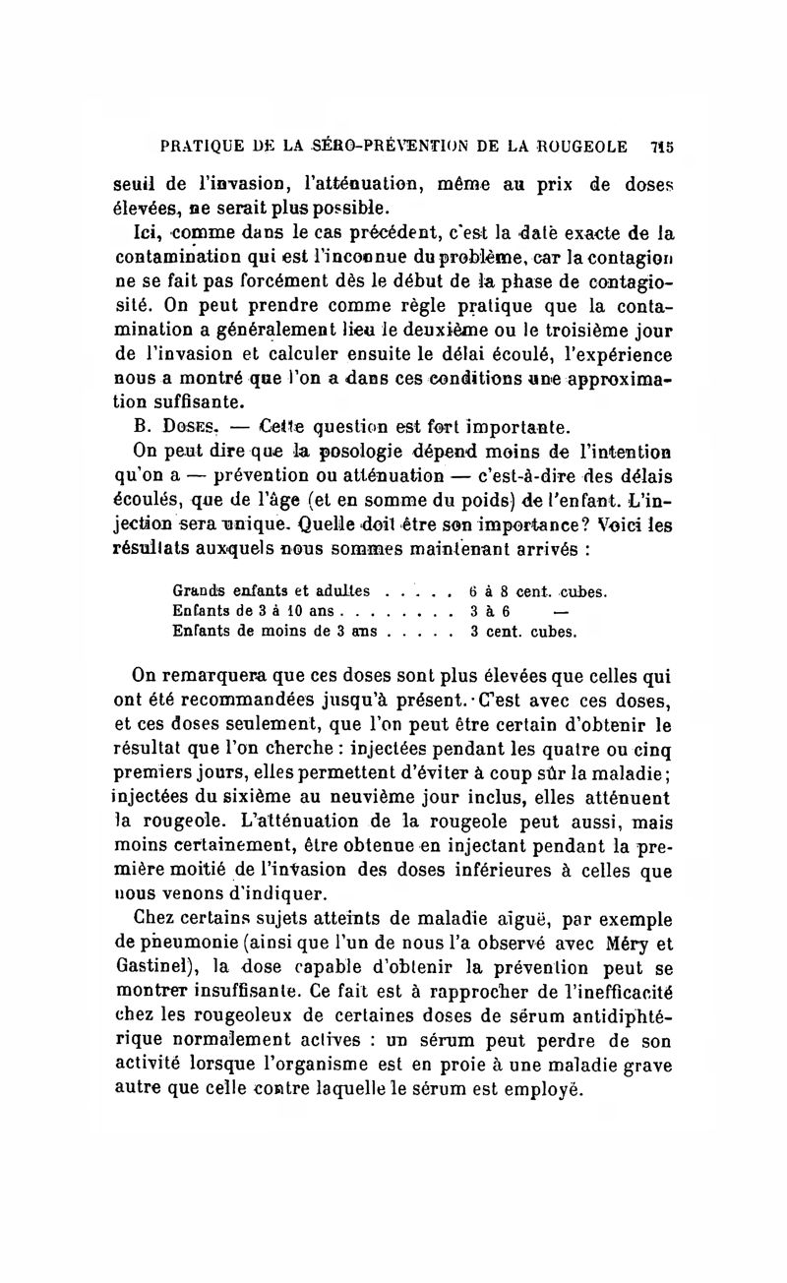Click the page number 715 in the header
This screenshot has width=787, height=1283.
click(661, 147)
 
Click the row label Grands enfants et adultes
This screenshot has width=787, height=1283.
click(272, 592)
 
